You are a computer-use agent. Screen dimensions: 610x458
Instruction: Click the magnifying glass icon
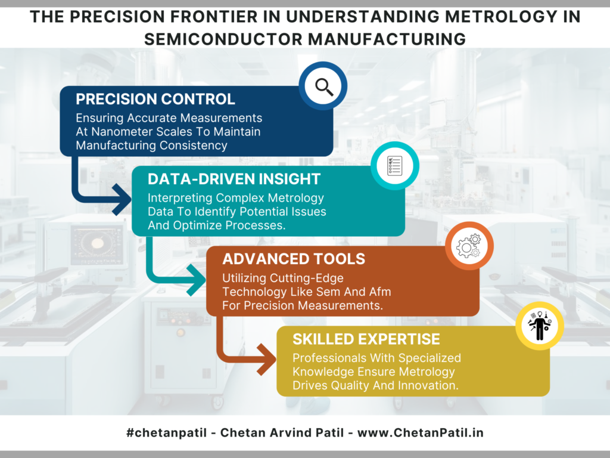tap(324, 86)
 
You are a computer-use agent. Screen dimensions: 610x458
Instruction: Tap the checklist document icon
tap(394, 166)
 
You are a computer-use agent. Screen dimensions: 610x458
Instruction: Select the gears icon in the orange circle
tap(469, 246)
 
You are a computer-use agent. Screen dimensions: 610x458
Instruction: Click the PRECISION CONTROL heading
tap(155, 99)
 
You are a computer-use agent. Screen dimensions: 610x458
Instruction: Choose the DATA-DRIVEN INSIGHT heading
tap(234, 179)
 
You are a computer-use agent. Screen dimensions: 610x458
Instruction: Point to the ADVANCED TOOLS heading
tap(294, 259)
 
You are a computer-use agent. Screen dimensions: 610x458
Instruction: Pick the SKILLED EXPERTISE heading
tap(366, 339)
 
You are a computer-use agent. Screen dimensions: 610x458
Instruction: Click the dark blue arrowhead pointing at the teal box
tap(122, 200)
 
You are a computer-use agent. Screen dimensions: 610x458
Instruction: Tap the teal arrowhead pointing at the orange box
tap(196, 280)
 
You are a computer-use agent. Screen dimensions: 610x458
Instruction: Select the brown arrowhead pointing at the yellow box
tap(266, 360)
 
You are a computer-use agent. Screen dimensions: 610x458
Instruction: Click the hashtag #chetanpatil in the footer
tap(167, 433)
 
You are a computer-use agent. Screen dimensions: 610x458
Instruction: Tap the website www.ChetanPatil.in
tap(420, 433)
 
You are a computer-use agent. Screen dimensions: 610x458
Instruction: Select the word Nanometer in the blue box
tap(122, 132)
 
